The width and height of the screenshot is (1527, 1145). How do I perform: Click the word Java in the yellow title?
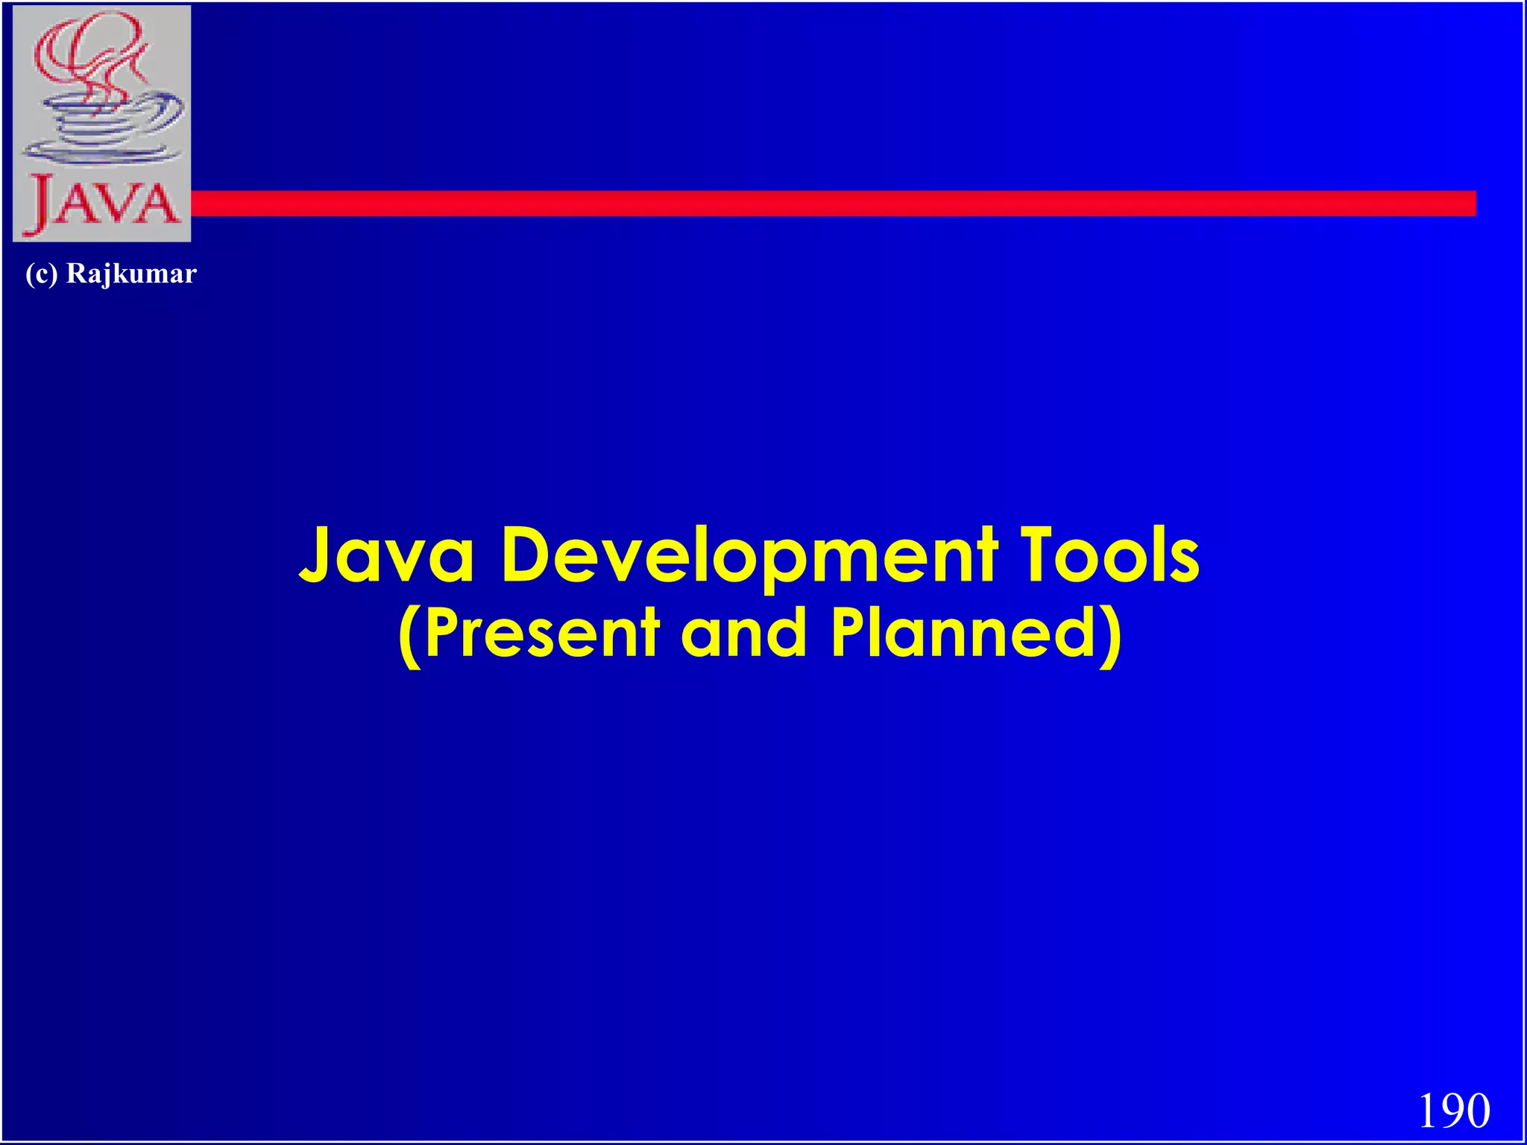[386, 555]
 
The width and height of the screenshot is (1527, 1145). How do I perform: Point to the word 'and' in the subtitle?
[744, 634]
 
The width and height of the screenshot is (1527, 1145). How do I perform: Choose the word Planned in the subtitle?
[962, 634]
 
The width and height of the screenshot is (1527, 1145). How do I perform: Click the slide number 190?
[1453, 1111]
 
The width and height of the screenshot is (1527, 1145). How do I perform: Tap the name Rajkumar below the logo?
[131, 274]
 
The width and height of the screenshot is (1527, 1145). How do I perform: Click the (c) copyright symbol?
[41, 274]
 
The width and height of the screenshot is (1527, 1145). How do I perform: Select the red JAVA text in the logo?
[102, 201]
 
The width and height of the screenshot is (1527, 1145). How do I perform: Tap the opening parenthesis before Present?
[409, 635]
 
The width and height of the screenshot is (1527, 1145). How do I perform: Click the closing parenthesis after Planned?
[1111, 635]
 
